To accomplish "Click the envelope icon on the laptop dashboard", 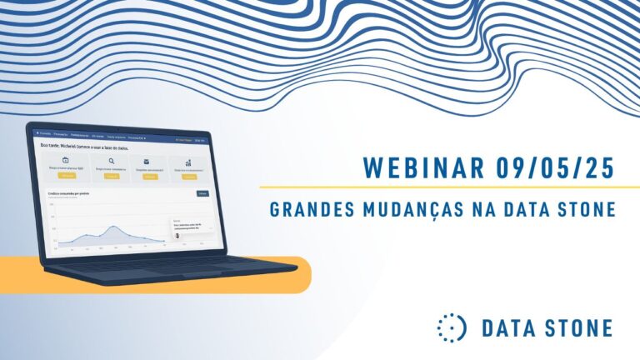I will tap(147, 162).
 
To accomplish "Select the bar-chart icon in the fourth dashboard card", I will tap(189, 163).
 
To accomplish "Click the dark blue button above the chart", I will tap(202, 193).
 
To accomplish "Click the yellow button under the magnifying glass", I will tap(111, 177).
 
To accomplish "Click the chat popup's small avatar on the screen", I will tap(177, 236).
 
